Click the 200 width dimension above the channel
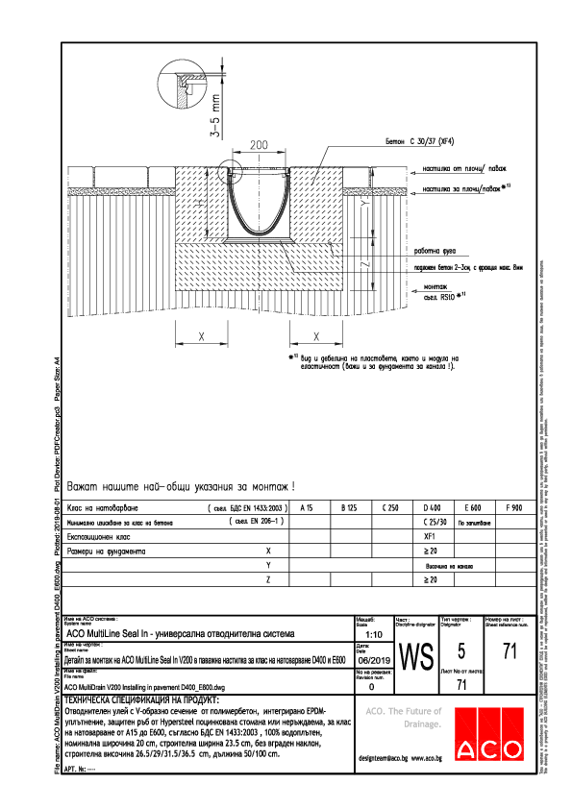259,144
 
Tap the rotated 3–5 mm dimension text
218,113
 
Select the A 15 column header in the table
308,506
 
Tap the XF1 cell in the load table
430,537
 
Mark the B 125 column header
348,506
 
